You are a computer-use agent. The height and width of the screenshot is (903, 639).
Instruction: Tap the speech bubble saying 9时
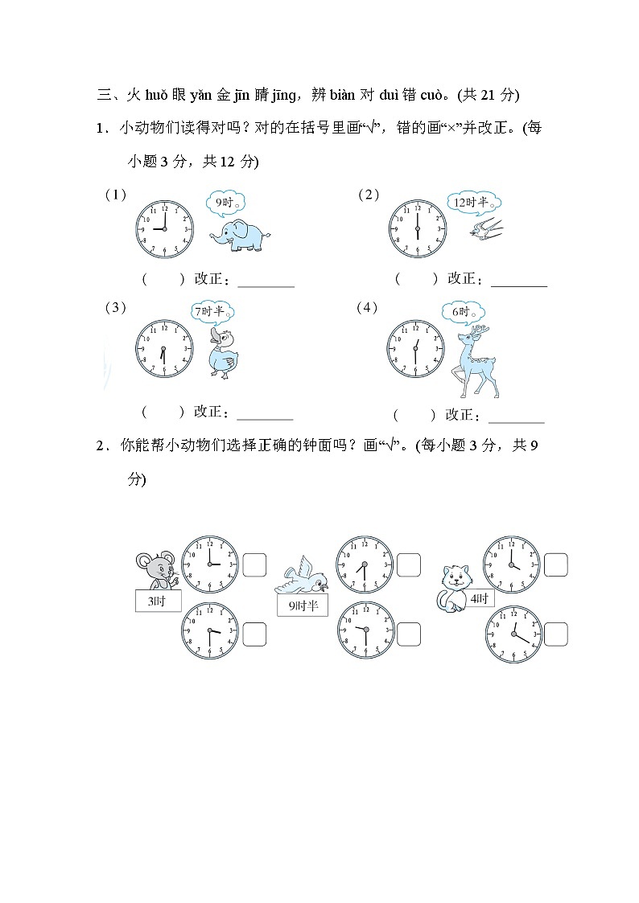point(225,202)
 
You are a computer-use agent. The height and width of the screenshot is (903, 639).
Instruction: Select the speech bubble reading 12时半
point(476,203)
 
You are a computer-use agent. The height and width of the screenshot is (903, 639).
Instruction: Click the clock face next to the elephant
point(164,228)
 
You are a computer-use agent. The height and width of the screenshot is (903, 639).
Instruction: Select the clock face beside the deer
point(415,347)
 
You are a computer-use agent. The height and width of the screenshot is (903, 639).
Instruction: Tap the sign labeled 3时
point(158,601)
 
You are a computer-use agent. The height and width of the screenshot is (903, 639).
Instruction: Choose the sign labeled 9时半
point(302,606)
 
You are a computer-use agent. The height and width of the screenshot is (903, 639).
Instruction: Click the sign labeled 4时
point(479,599)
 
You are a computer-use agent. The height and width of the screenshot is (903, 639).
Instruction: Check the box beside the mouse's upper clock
point(254,565)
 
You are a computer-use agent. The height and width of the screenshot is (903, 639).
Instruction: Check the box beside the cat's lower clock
point(555,634)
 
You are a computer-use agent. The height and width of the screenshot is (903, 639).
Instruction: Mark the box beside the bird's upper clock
point(408,565)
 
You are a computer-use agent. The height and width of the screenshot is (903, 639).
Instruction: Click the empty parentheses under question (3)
point(163,413)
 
